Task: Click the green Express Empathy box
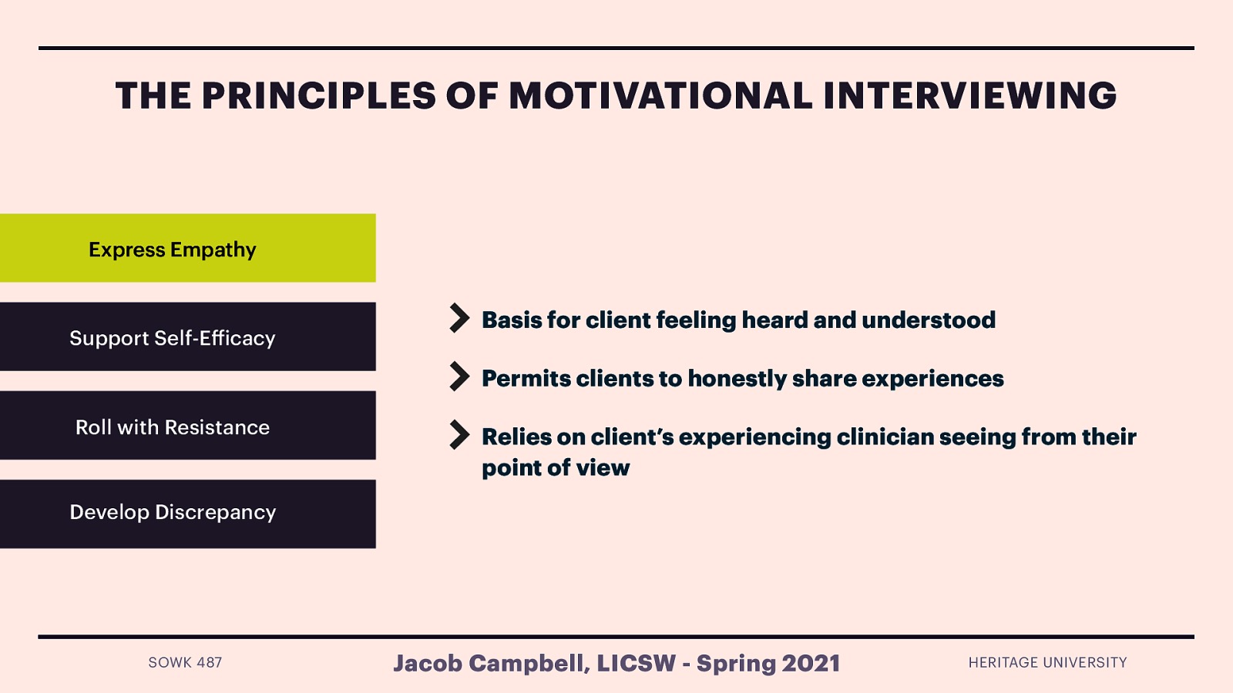tap(188, 248)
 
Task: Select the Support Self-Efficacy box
tap(188, 336)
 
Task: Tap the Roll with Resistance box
tap(188, 425)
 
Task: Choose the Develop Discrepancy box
tap(188, 514)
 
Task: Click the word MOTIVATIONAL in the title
tap(660, 95)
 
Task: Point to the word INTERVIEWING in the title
tap(970, 95)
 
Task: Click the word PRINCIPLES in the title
tap(319, 95)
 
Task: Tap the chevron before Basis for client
tap(459, 318)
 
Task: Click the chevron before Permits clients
tap(459, 377)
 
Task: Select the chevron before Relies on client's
tap(459, 435)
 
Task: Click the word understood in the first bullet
tap(929, 320)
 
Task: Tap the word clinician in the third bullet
tap(885, 437)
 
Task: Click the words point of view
tap(556, 468)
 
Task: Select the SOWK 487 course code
tap(185, 663)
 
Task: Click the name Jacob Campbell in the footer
tap(491, 663)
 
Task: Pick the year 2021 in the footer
tap(811, 663)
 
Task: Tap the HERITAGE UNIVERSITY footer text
tap(1047, 663)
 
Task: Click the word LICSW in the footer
tap(637, 663)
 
